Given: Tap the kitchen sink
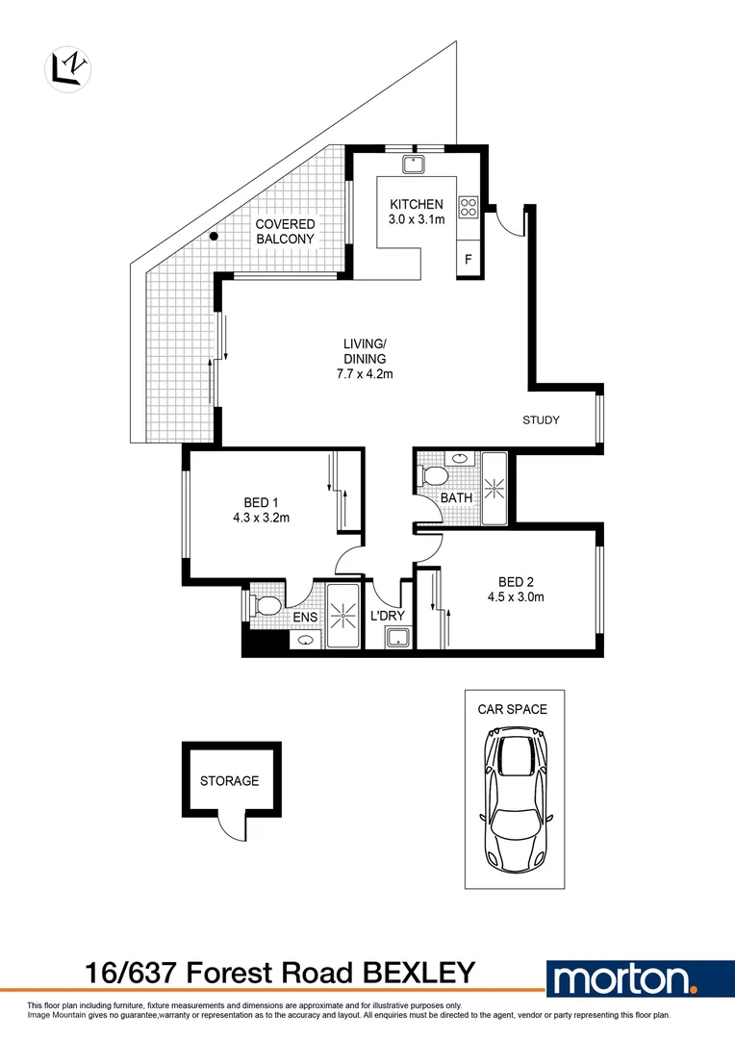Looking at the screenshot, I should (x=416, y=165).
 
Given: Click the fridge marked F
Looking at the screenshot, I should (x=469, y=259).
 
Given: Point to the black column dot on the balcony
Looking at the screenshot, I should (x=215, y=237).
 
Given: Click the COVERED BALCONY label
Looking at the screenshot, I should (x=284, y=231).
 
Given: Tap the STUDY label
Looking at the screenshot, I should (x=541, y=420).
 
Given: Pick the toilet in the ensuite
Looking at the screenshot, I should (x=266, y=605).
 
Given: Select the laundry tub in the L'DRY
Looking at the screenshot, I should (x=396, y=636).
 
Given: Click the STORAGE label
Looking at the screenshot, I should (x=229, y=781).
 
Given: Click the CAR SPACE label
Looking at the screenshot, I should (x=513, y=709).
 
